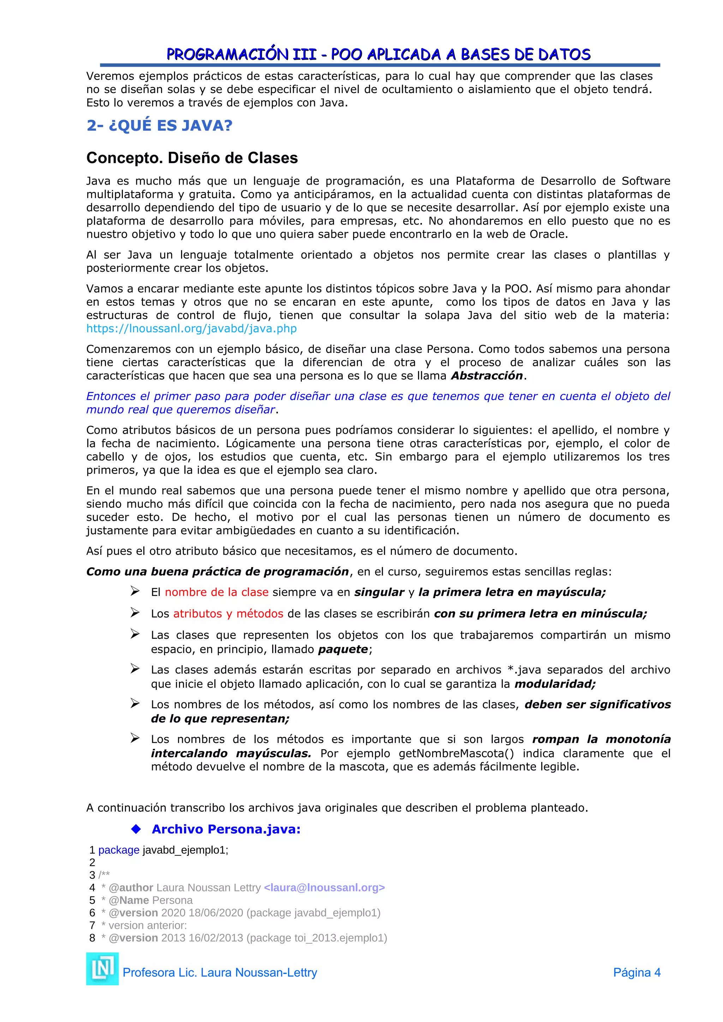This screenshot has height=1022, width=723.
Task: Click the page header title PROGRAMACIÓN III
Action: (x=378, y=54)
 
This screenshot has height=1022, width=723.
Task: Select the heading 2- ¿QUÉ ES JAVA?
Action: (x=159, y=126)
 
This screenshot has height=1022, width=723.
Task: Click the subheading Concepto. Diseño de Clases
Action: (x=192, y=158)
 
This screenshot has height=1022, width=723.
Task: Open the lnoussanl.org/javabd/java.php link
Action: (x=191, y=329)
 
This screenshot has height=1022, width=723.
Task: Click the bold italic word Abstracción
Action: (x=486, y=376)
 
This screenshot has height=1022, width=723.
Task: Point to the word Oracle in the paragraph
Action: (x=547, y=234)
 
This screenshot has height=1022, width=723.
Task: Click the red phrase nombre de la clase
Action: (x=216, y=592)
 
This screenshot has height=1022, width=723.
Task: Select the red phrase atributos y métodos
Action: (x=228, y=613)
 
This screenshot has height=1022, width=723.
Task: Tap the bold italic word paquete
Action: (x=343, y=649)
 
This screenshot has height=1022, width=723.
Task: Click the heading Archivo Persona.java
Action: (x=226, y=829)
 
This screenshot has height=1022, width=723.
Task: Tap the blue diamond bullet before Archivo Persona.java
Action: (x=136, y=829)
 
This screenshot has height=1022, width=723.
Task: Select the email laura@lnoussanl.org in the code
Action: (x=324, y=888)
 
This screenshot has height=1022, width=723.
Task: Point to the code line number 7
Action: (x=92, y=925)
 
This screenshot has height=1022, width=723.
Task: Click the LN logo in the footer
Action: (x=102, y=969)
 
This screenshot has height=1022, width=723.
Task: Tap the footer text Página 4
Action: (x=636, y=973)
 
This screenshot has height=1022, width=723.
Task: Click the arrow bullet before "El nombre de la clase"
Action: (x=135, y=591)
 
